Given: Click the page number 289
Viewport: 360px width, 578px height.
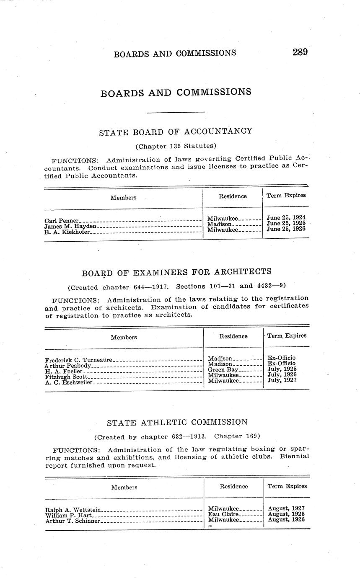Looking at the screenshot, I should point(300,52).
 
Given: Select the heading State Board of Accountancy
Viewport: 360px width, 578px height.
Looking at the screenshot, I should point(176,132).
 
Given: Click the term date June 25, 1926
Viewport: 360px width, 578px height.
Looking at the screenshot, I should point(286,229).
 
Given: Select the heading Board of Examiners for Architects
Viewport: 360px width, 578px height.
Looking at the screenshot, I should point(176,273).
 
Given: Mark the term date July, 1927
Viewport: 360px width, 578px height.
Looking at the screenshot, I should point(282,380).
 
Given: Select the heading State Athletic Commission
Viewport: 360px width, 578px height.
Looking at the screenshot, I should point(177,422).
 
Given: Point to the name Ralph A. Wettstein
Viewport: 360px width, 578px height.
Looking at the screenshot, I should point(73,510).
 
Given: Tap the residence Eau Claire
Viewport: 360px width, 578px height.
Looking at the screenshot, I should point(223,514).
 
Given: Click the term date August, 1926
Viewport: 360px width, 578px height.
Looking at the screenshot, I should point(286,520).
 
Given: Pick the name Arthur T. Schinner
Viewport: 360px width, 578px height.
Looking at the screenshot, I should point(73,521).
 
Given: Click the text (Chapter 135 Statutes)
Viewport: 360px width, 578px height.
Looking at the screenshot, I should point(176,146).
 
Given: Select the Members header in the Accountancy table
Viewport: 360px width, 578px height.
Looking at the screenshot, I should point(123,198).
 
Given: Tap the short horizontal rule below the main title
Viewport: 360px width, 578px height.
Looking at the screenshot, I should point(176,112).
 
